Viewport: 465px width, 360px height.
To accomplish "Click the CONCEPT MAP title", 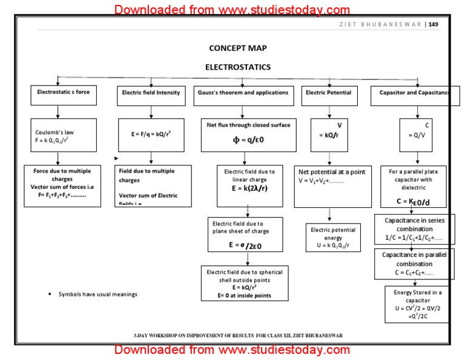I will click(237, 48).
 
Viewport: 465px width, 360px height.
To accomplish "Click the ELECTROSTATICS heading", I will click(238, 67).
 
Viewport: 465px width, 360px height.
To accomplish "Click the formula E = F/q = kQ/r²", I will click(151, 132).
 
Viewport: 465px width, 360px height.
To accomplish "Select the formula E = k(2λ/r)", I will click(249, 188).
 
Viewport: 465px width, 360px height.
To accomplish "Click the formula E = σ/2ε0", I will click(245, 245).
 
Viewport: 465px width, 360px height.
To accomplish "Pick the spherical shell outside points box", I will click(245, 283).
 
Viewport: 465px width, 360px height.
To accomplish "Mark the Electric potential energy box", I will click(333, 237).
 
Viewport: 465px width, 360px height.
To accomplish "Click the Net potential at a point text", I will click(332, 172).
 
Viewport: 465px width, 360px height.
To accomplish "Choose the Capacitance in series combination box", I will click(414, 229).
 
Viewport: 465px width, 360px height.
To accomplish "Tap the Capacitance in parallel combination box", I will click(414, 264).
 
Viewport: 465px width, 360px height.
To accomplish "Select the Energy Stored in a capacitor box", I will click(417, 304).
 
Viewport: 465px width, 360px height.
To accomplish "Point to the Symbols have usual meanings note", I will click(97, 295).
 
